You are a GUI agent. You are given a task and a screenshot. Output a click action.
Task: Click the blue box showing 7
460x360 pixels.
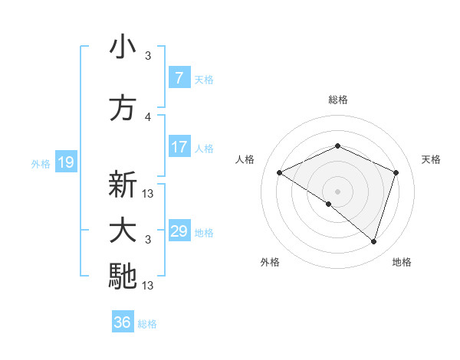click(x=179, y=78)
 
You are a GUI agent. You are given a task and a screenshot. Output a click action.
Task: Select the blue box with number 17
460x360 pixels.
click(x=179, y=147)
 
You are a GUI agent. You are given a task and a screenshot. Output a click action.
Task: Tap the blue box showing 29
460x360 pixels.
click(x=179, y=231)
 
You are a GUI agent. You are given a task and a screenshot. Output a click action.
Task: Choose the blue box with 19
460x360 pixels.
click(x=65, y=162)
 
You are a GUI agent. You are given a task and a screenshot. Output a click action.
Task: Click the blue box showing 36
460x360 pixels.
click(x=123, y=323)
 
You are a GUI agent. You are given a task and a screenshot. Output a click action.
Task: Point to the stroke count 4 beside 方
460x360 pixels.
click(x=148, y=116)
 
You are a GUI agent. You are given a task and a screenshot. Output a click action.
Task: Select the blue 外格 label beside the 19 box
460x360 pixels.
click(x=40, y=163)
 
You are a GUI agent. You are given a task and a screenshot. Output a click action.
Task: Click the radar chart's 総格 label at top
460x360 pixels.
click(x=337, y=100)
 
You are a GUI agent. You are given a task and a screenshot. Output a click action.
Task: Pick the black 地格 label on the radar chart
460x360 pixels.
click(x=402, y=262)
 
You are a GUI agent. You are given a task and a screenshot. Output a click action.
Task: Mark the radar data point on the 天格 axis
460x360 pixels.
click(x=396, y=173)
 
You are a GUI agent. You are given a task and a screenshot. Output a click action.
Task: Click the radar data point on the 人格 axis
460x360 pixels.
click(x=280, y=173)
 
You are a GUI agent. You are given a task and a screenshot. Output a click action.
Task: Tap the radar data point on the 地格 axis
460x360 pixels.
click(x=373, y=241)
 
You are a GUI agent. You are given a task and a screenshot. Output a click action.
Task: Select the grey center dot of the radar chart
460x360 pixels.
click(x=337, y=191)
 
